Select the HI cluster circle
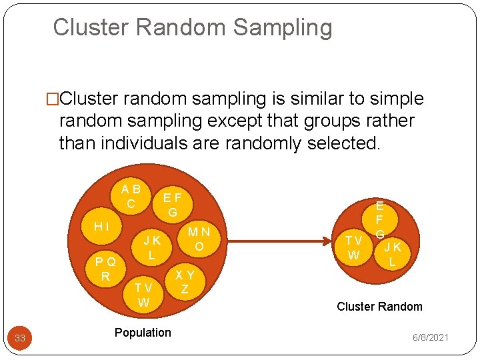[x=102, y=227]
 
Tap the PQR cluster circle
[x=105, y=268]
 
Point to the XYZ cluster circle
[x=185, y=281]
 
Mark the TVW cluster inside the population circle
[x=143, y=294]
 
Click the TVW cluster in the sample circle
[x=353, y=247]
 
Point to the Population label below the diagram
[x=143, y=332]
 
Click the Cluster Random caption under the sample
[x=379, y=307]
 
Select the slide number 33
[x=20, y=338]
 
